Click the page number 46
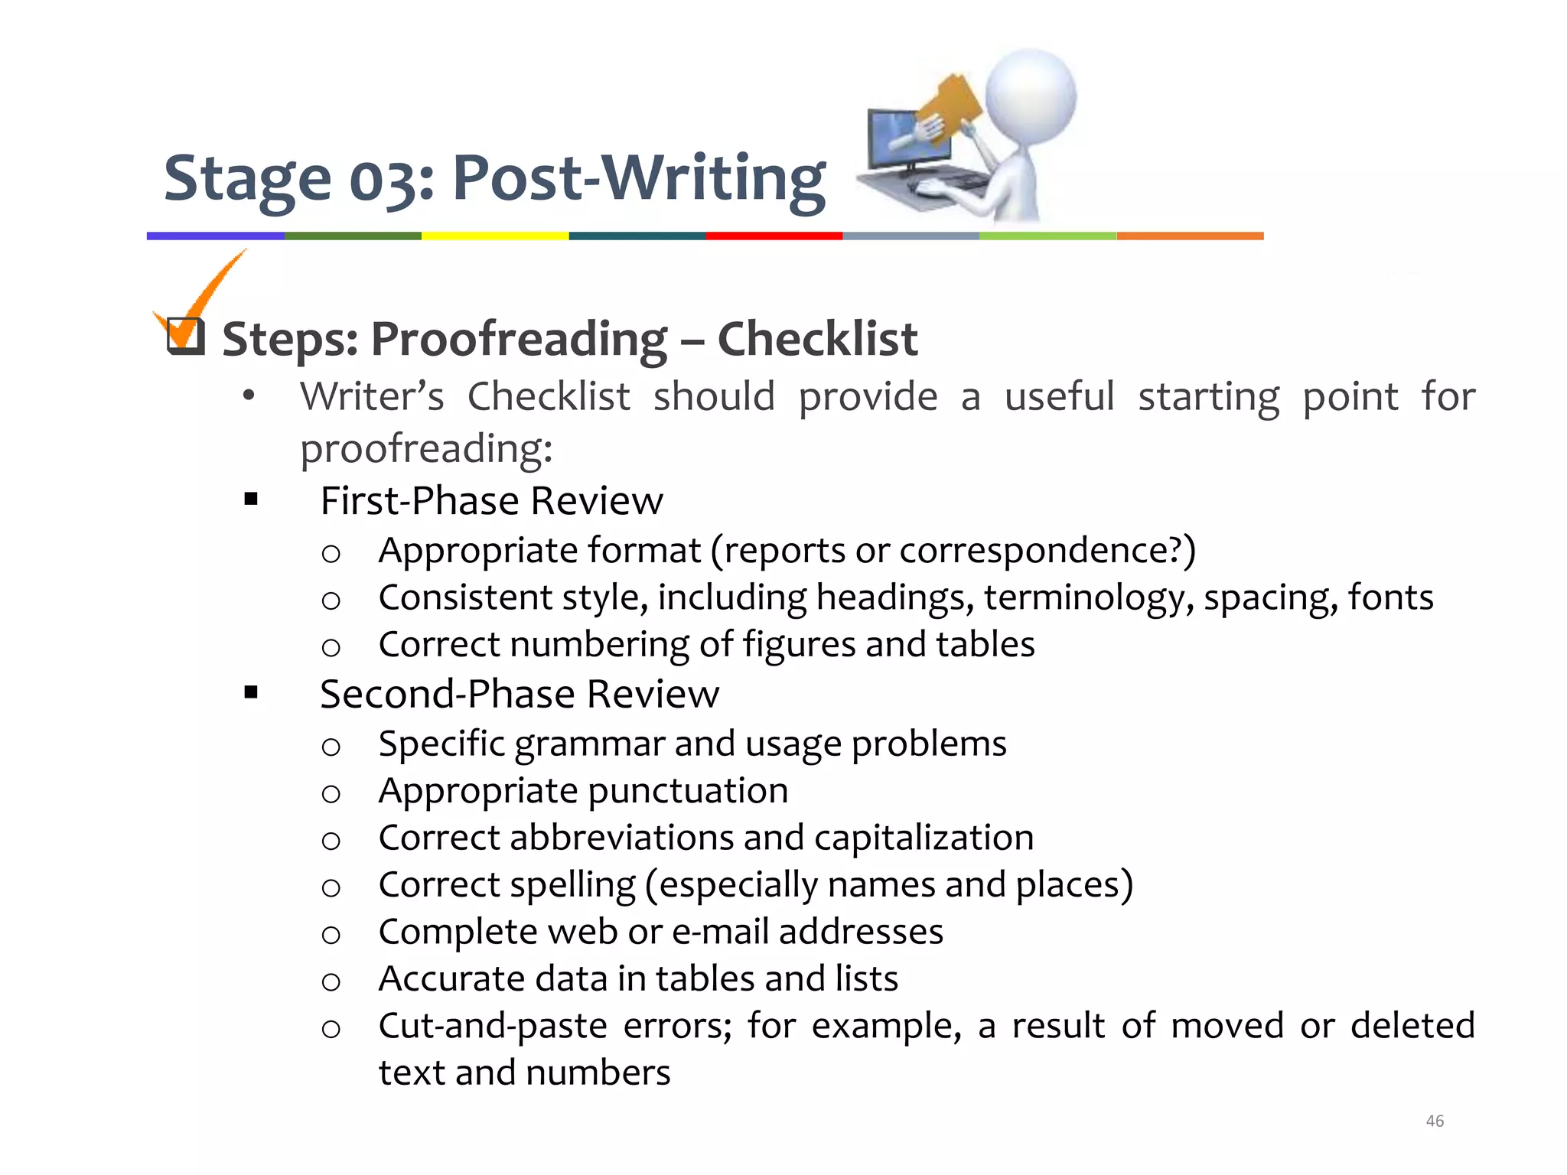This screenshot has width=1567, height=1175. click(x=1435, y=1121)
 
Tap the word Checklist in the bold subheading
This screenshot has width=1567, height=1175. click(x=817, y=339)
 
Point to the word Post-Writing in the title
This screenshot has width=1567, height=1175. click(x=639, y=179)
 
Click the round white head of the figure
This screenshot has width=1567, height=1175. click(x=1030, y=96)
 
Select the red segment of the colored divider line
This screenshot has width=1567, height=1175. click(x=774, y=236)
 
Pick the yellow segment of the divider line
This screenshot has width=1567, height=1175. click(x=495, y=236)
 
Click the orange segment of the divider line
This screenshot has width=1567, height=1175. click(x=1190, y=236)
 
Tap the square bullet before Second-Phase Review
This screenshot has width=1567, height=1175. click(x=251, y=693)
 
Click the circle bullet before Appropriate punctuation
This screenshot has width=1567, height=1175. click(x=331, y=794)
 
